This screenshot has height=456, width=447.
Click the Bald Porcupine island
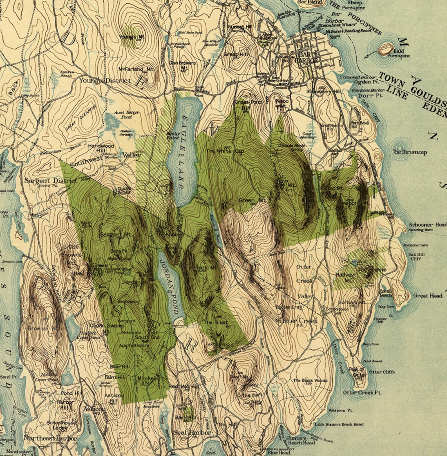point(385,50)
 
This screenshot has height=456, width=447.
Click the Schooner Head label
point(427,225)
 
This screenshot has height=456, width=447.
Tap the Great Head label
point(428,295)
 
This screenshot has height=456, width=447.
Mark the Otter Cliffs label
point(382,372)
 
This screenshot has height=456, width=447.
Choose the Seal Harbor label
point(192,432)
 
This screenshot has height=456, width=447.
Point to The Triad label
point(215,322)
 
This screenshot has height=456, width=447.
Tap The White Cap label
point(225,151)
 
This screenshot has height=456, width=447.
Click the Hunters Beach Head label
point(300,440)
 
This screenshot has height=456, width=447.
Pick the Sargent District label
point(50,181)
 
